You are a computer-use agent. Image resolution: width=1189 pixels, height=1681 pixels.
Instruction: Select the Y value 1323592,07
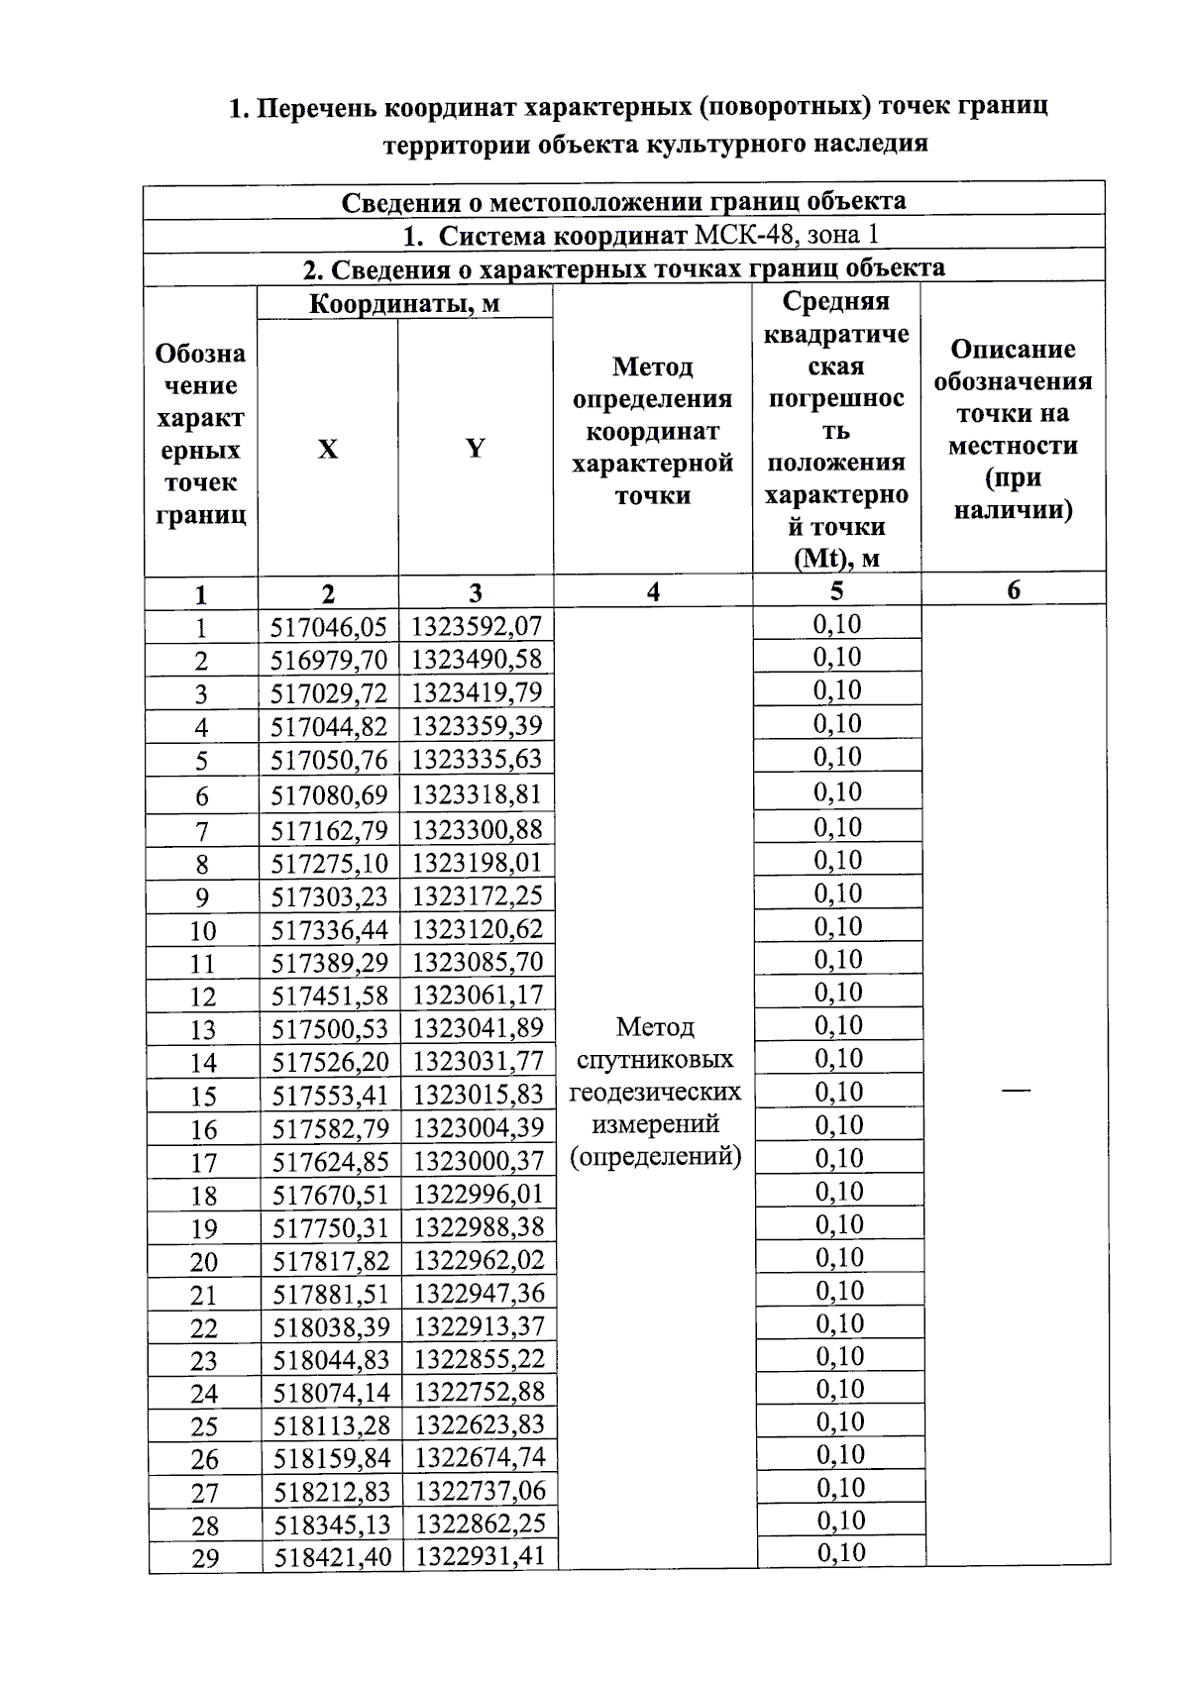click(477, 626)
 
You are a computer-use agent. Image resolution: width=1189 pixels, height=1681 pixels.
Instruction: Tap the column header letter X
click(327, 449)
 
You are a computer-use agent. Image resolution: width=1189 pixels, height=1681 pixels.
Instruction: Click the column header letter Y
click(476, 449)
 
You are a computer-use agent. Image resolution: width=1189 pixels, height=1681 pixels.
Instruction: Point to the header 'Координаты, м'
click(404, 303)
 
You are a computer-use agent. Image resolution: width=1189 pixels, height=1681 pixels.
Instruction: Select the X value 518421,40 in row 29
click(333, 1556)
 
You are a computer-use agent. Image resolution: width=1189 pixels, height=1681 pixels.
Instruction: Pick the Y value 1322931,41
click(481, 1556)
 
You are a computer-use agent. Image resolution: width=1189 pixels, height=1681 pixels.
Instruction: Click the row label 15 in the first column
click(203, 1097)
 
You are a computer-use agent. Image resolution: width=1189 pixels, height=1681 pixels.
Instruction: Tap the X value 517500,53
click(330, 1028)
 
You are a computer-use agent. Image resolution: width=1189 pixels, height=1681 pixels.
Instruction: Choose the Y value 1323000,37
click(479, 1160)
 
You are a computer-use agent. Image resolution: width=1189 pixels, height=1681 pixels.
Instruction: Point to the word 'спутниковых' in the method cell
click(655, 1059)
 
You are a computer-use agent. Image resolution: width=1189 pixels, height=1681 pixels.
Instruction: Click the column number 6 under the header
click(1013, 590)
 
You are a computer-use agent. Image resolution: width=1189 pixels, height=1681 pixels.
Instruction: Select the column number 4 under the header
click(653, 592)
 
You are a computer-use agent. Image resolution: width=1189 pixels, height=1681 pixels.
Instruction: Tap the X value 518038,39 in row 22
click(332, 1325)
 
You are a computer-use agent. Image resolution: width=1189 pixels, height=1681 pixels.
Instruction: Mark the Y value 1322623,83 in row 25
click(480, 1424)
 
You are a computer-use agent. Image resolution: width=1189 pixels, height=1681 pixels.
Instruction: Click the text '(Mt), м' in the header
click(836, 558)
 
